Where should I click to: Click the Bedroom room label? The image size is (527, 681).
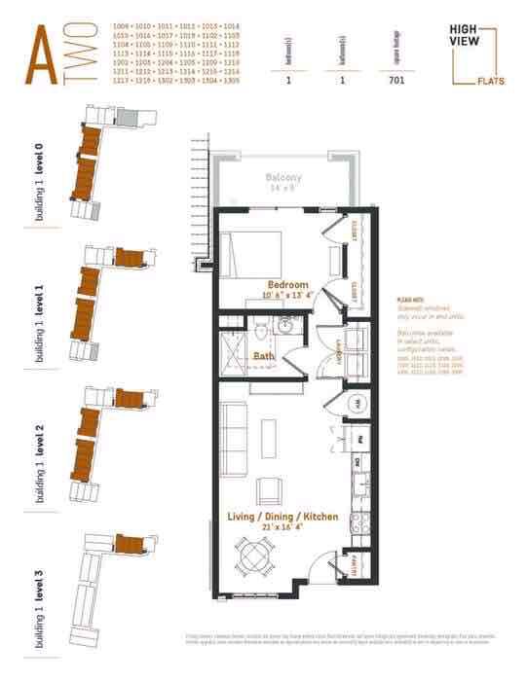click(x=287, y=285)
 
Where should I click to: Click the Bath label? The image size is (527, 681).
click(x=263, y=356)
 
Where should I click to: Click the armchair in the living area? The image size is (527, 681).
click(x=269, y=488)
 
